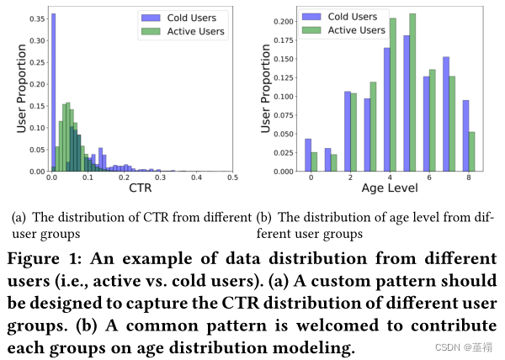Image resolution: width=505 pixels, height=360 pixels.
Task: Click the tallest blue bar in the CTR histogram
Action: [53, 93]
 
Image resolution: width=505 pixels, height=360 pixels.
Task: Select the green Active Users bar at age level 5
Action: [412, 93]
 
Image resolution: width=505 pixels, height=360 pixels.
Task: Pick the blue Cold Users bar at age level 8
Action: [465, 136]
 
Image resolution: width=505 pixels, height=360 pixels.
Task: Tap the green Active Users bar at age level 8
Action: [472, 151]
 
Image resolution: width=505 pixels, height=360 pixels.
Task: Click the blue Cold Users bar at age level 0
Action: [307, 156]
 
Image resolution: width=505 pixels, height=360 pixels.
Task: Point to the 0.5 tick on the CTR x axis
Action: [233, 178]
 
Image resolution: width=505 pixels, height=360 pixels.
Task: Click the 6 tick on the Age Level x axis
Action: [429, 178]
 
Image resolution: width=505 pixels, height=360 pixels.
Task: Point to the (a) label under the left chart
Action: [18, 217]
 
